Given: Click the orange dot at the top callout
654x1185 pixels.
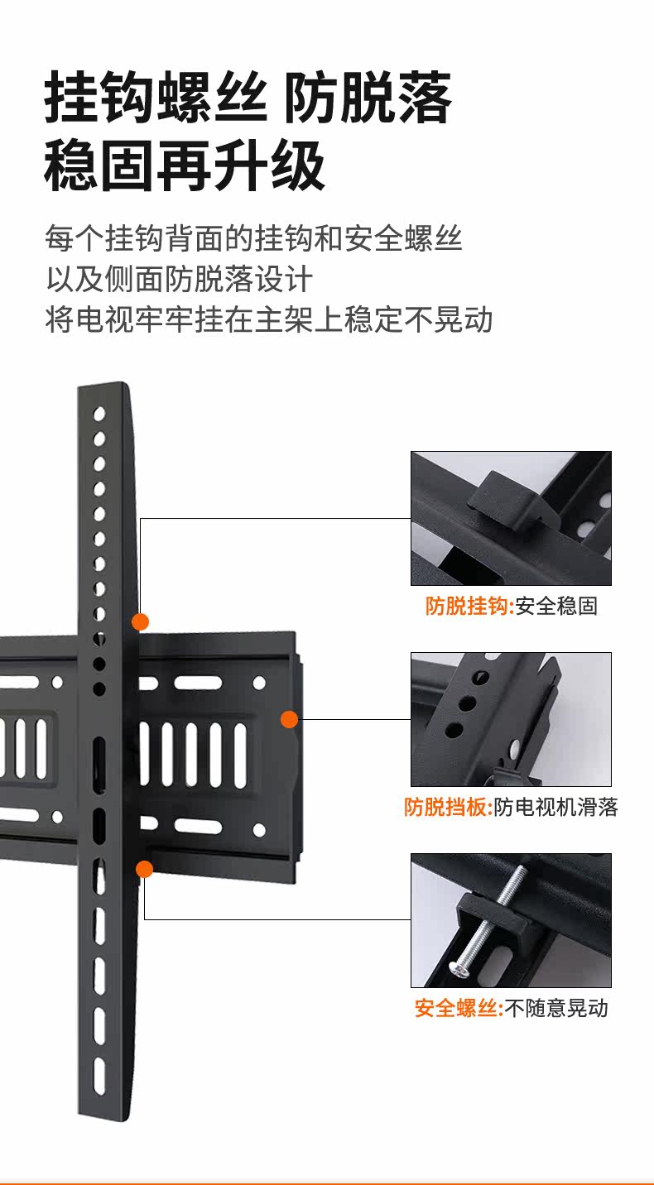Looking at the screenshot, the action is (141, 621).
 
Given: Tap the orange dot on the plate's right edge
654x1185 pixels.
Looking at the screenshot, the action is (289, 719).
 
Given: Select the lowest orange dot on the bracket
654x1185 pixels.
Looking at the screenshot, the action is (145, 869).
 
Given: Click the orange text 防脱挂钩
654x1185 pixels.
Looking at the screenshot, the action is (468, 607).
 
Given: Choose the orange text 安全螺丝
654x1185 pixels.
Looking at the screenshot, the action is (457, 1009).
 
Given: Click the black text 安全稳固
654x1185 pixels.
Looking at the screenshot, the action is (556, 607).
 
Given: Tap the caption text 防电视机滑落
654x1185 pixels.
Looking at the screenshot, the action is (556, 808).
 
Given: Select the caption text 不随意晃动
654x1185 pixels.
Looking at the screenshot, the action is (556, 1009).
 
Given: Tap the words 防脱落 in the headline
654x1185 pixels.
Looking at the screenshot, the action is (368, 98).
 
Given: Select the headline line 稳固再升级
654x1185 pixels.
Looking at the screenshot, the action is (184, 166).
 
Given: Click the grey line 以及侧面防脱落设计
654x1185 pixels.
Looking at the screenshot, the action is (179, 279).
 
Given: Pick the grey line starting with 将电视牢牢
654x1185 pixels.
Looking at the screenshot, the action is (268, 319).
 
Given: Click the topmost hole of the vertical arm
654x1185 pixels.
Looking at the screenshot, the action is (99, 413).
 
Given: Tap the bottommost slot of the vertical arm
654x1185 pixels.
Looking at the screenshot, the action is (99, 1077).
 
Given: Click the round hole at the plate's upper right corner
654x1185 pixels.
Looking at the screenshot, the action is (259, 683).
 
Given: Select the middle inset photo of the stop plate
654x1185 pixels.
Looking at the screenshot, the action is (511, 719).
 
